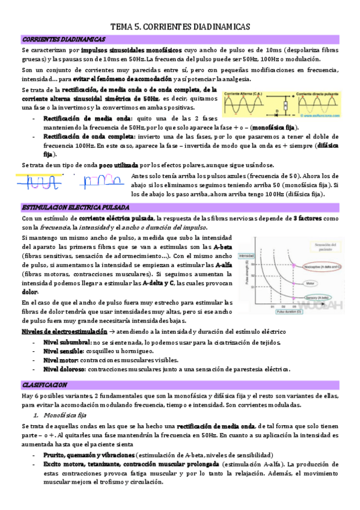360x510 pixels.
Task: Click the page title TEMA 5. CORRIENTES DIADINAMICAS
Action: coord(180,27)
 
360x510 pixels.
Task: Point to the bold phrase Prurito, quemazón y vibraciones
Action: coord(88,455)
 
